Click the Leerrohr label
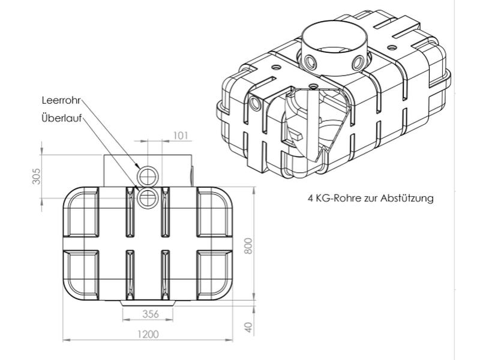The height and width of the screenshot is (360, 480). point(61,100)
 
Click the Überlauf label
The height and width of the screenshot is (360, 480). point(60,117)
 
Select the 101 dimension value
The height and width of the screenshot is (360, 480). point(181,135)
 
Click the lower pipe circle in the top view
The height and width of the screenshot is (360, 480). point(147,197)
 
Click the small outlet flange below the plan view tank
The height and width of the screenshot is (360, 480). point(149,302)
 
